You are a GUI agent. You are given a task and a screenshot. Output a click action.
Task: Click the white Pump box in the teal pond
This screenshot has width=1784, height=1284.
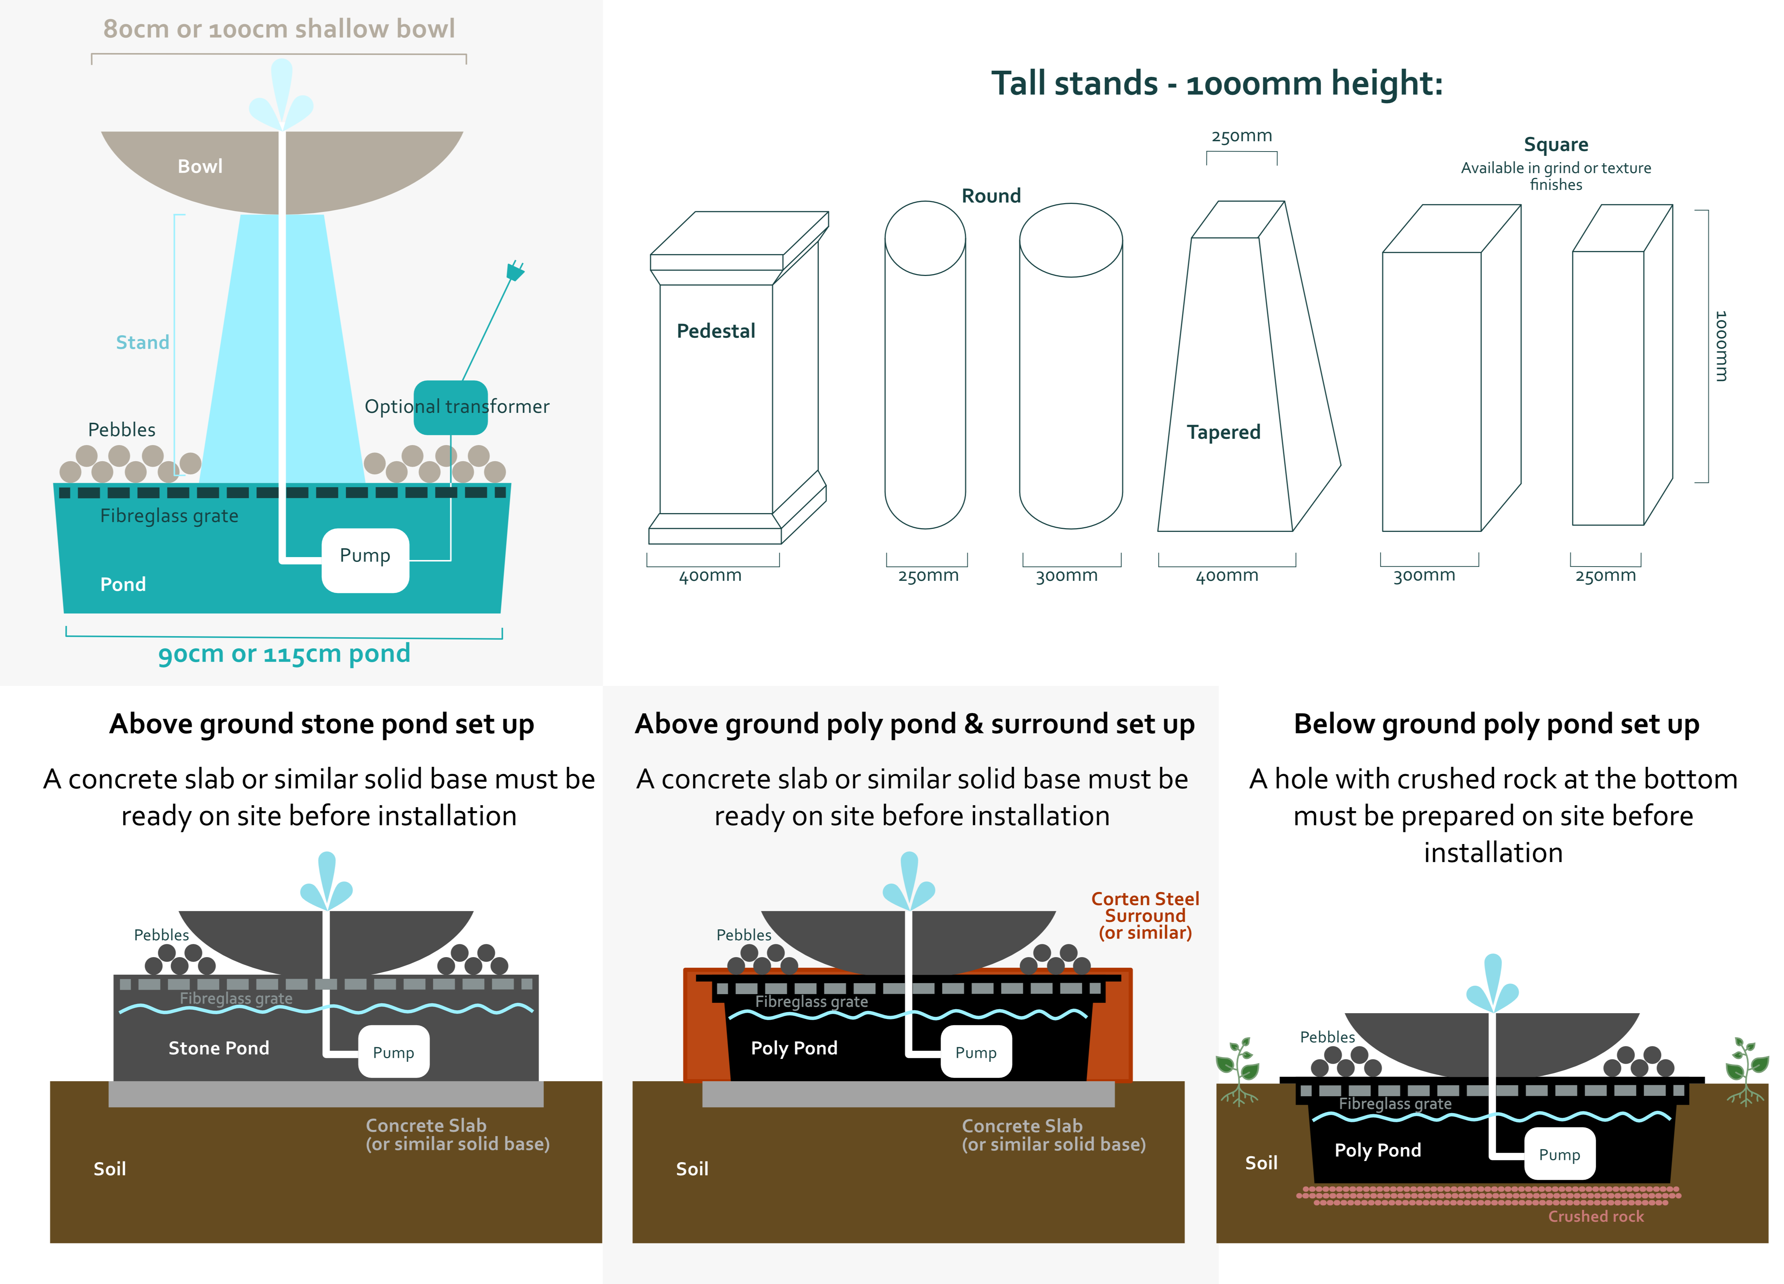[x=365, y=560]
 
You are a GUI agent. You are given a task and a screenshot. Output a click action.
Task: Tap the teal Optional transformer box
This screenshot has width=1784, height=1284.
[x=451, y=407]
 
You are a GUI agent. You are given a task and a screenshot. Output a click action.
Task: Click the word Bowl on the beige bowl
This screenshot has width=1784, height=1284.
[x=200, y=166]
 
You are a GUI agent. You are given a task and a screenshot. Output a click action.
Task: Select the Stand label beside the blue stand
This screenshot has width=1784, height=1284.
[x=142, y=342]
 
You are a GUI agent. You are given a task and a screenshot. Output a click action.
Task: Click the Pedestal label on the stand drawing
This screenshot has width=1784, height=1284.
[x=716, y=331]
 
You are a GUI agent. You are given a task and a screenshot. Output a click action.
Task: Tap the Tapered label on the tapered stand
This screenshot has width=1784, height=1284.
[x=1223, y=433]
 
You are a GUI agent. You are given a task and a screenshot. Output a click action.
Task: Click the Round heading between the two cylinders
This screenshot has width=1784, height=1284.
[x=991, y=196]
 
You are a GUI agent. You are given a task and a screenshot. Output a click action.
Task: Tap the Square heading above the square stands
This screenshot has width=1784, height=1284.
[x=1556, y=145]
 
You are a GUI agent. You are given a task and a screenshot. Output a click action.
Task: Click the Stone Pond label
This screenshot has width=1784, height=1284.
[x=219, y=1048]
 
